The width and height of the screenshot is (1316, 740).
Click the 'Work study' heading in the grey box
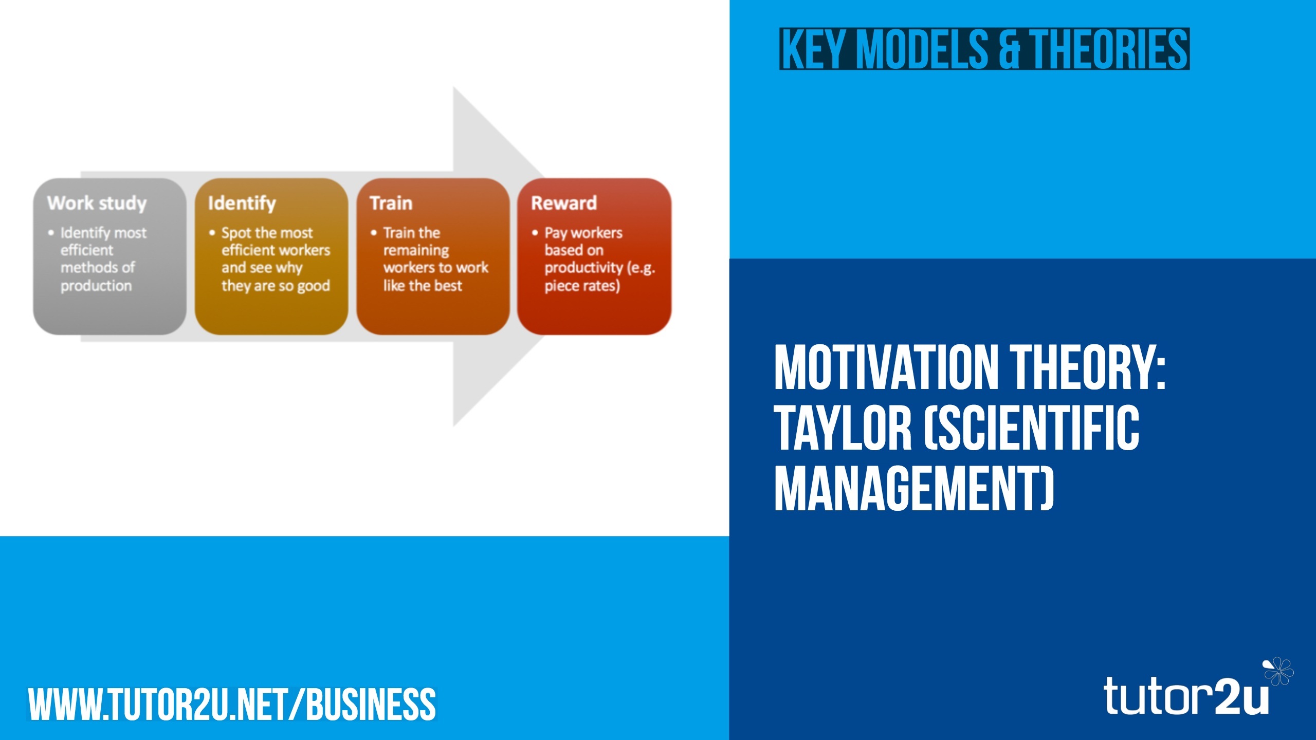tap(97, 203)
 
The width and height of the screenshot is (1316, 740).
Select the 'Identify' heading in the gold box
tap(242, 203)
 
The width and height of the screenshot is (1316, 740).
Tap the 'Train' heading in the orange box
tap(391, 203)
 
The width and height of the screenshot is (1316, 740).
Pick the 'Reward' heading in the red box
tap(564, 203)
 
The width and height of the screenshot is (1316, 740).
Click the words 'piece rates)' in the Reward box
tap(582, 285)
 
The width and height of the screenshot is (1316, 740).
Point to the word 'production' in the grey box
tap(96, 285)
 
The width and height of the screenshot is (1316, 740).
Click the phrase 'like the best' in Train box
tap(423, 285)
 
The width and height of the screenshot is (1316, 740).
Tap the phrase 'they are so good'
tap(276, 285)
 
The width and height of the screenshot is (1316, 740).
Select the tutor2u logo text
tap(1185, 696)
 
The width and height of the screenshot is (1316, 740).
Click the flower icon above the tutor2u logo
tap(1278, 671)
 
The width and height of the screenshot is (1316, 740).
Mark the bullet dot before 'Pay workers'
tap(535, 233)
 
